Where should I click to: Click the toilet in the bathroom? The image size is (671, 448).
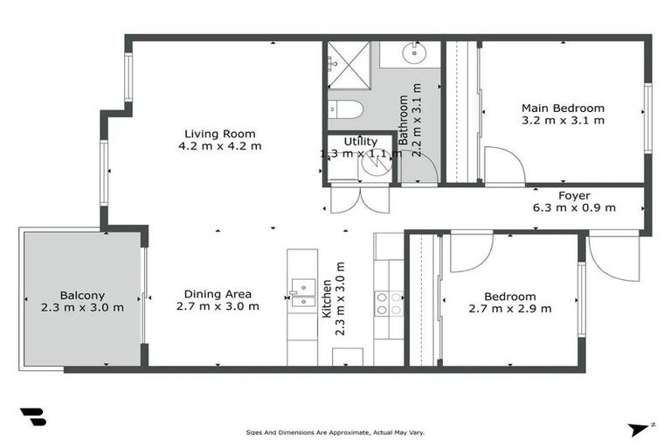coord(348,111)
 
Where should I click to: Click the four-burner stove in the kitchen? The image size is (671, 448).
coord(388,304)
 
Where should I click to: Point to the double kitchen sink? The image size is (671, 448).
coord(302,292)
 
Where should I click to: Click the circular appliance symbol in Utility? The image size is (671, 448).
coord(376,166)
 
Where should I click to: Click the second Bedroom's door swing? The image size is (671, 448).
coord(470,251)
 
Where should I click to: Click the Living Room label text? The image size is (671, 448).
coord(219,133)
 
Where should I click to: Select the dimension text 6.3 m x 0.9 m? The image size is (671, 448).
coord(574,208)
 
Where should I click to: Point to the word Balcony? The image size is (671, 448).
coord(82,295)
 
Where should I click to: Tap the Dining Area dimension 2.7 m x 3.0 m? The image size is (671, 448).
coord(218,306)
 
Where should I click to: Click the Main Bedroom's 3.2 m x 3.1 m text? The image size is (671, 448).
coord(563,121)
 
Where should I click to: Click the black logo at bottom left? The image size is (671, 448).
coord(33,417)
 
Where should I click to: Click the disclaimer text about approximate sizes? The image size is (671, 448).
coord(335,432)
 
